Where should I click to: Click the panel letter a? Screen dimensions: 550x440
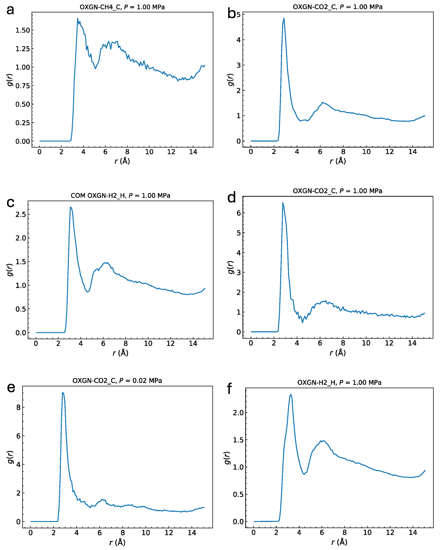pos(10,10)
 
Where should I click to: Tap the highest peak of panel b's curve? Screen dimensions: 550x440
pos(284,18)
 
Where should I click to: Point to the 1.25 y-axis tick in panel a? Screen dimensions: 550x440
pos(22,49)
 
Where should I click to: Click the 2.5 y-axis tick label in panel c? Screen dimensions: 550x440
pos(20,214)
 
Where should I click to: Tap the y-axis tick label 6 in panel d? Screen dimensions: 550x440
pos(238,213)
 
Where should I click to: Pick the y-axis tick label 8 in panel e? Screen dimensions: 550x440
pos(18,407)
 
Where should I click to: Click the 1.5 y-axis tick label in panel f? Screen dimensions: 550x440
pos(238,440)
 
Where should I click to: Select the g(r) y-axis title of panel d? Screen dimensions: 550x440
pos(230,267)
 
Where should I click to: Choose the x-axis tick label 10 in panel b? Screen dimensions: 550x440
pos(366,152)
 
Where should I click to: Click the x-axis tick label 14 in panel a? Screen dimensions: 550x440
pos(193,152)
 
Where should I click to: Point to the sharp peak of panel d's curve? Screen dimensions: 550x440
pos(283,203)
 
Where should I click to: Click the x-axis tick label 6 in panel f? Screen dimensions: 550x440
pos(322,532)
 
